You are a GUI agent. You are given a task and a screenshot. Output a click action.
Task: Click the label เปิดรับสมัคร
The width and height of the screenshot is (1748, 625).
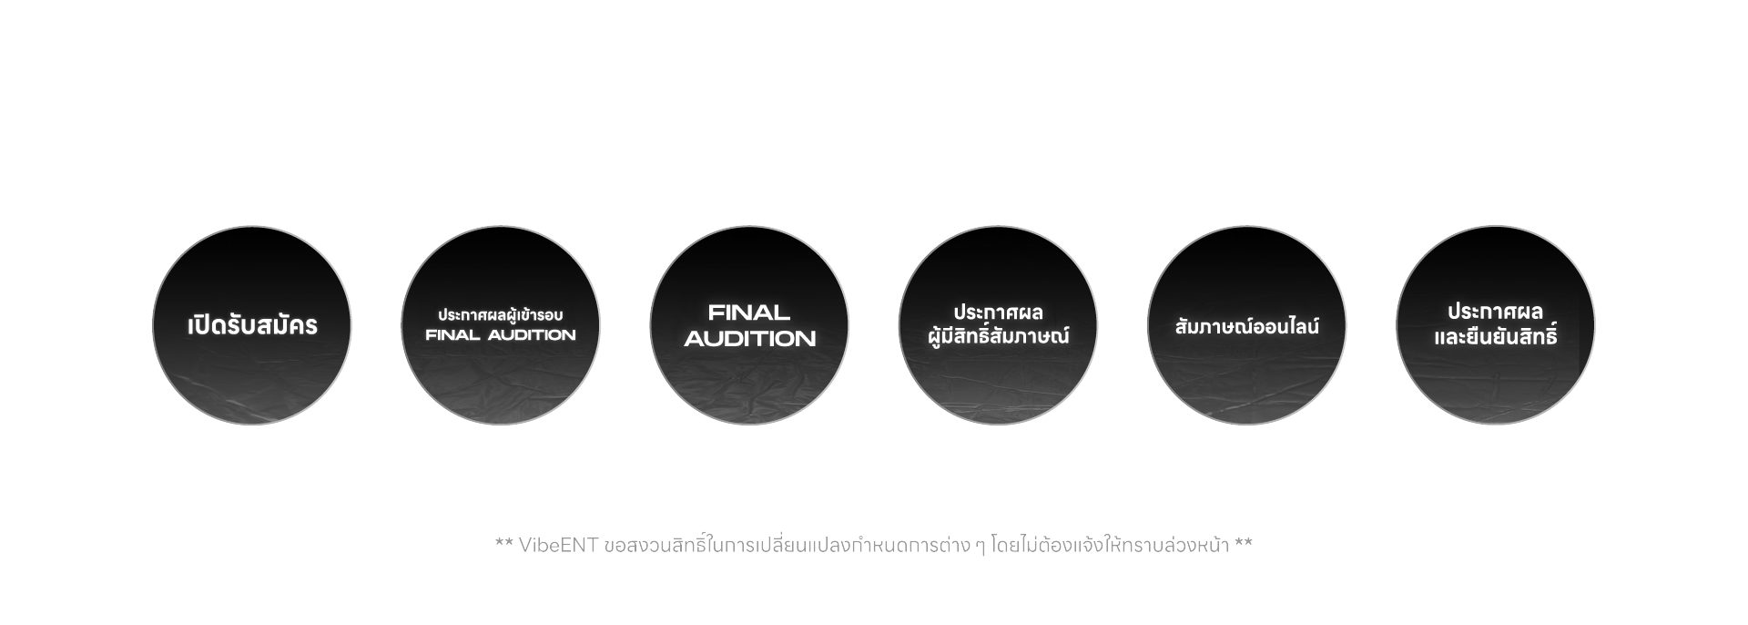point(252,326)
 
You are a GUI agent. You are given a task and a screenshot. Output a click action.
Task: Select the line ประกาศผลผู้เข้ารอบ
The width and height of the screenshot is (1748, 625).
point(501,315)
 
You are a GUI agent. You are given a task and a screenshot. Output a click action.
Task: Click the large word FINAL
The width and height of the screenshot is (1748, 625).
point(748,313)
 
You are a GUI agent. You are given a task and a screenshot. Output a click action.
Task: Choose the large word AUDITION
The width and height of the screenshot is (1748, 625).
point(749,339)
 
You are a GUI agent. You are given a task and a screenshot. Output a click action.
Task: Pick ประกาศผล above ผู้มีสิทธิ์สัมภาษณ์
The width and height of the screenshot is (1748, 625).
point(998,313)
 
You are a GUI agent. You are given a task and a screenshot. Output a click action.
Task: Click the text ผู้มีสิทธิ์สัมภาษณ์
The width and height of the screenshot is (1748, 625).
point(998,337)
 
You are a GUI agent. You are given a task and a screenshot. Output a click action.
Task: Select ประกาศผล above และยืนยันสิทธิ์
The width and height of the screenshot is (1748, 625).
point(1495,312)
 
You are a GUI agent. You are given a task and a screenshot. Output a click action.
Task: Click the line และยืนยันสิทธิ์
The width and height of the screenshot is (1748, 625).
point(1495,337)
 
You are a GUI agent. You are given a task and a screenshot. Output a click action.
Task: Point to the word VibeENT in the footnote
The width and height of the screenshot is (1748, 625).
point(558,546)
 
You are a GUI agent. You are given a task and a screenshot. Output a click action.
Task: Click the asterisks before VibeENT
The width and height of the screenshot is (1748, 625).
point(503,546)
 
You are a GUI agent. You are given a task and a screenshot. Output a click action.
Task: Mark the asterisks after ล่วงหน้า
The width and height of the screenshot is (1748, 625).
point(1244,546)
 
